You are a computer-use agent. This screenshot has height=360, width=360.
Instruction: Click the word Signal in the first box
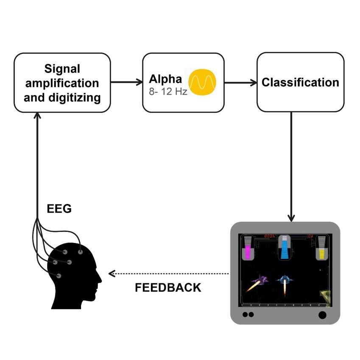(x=62, y=69)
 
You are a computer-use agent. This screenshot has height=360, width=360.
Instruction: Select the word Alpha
(x=165, y=79)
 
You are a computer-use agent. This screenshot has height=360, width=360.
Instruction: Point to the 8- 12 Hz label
(x=168, y=92)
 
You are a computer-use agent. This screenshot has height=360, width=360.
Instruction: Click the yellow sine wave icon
(x=202, y=82)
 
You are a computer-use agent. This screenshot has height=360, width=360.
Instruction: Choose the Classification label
(x=300, y=82)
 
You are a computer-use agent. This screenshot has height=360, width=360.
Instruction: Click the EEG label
(x=59, y=209)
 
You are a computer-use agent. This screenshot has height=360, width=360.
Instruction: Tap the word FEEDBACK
(x=168, y=287)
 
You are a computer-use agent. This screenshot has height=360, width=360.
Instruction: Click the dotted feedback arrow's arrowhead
(x=112, y=273)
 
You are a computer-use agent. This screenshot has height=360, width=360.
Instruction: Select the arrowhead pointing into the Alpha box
(x=140, y=82)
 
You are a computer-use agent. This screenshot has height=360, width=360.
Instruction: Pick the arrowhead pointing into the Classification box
(x=254, y=82)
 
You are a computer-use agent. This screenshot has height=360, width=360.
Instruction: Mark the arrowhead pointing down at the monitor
(x=291, y=218)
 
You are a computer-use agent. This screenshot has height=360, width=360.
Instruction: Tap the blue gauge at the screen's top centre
(x=285, y=248)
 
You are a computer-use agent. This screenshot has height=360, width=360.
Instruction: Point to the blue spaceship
(x=285, y=279)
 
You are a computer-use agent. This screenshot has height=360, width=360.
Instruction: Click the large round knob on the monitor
(x=322, y=315)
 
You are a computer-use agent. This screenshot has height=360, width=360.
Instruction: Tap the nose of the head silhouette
(x=100, y=279)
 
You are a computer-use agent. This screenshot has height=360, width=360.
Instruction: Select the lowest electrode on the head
(x=59, y=276)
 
